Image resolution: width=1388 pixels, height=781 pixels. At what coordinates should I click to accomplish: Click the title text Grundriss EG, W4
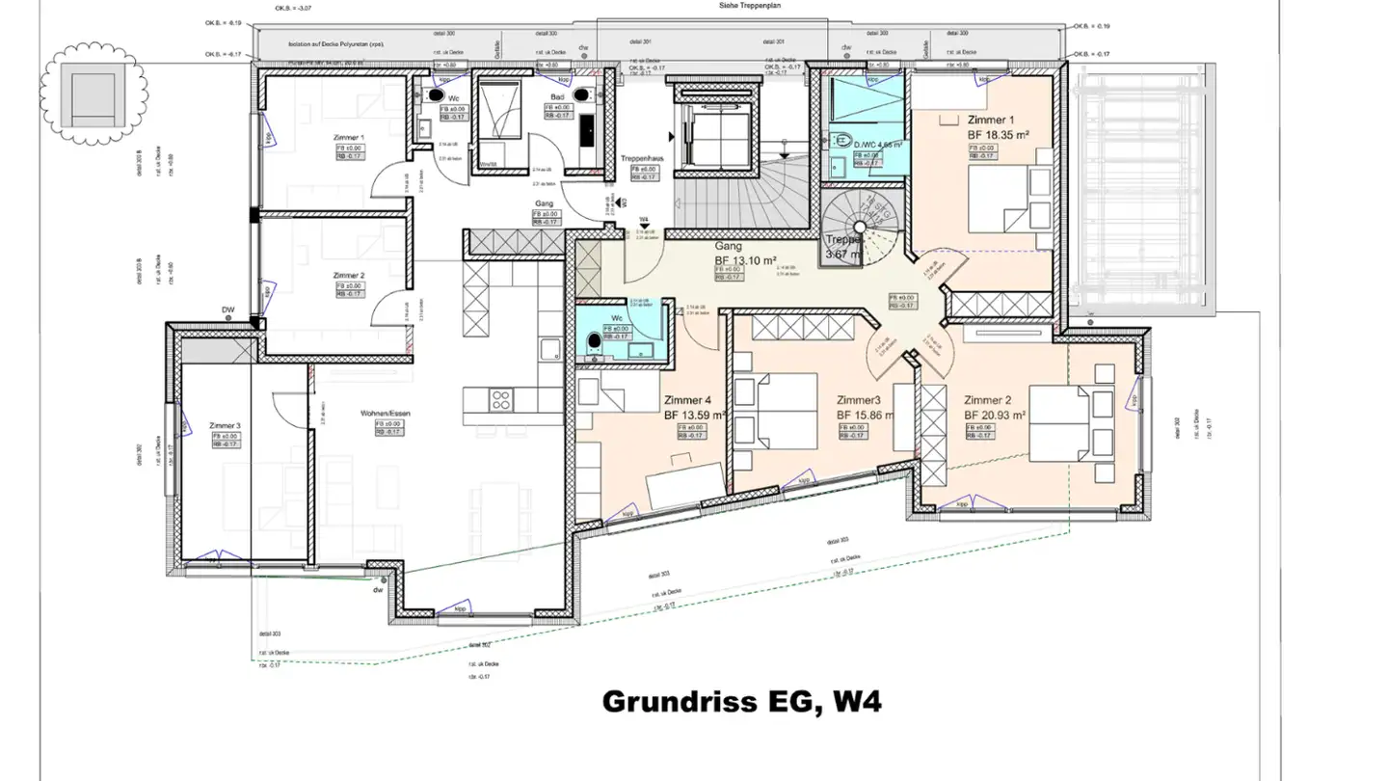point(741,702)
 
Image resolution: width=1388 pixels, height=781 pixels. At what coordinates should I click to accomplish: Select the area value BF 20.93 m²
point(994,416)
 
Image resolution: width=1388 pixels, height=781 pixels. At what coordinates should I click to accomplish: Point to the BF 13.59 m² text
point(694,416)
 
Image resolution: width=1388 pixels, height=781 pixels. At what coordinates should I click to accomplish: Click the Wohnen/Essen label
point(381,413)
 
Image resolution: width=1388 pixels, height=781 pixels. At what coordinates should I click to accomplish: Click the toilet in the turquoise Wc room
point(593,339)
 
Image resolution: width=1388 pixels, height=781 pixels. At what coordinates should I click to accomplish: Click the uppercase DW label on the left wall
point(228,310)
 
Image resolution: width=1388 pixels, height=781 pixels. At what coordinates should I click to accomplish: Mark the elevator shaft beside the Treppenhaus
point(713,133)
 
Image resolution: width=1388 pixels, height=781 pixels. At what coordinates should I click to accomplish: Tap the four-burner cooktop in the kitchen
point(500,398)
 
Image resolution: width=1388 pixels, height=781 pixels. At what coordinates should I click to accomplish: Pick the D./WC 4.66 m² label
point(876,145)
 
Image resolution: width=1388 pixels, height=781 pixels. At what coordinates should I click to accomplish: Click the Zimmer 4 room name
point(687,400)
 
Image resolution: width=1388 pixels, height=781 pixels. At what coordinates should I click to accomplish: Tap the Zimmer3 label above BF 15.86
point(858,400)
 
